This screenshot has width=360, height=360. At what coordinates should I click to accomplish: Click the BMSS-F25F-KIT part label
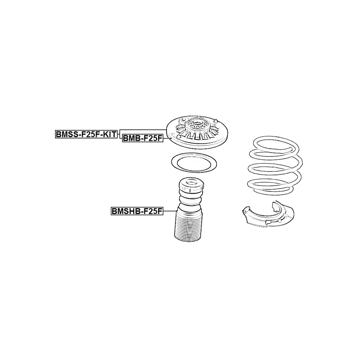pyautogui.click(x=87, y=134)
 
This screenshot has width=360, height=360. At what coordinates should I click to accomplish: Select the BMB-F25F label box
pyautogui.click(x=142, y=138)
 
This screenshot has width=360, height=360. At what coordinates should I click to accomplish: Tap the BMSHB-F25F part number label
pyautogui.click(x=137, y=211)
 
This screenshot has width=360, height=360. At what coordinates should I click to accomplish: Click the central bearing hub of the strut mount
pyautogui.click(x=197, y=126)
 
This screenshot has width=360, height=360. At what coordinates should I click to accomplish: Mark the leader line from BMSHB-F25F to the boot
pyautogui.click(x=170, y=211)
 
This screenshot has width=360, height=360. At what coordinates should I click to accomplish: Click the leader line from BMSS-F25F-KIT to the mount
pyautogui.click(x=143, y=130)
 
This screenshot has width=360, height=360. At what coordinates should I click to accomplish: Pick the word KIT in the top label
pyautogui.click(x=110, y=134)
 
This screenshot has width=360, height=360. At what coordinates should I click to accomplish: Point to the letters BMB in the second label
pyautogui.click(x=130, y=138)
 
